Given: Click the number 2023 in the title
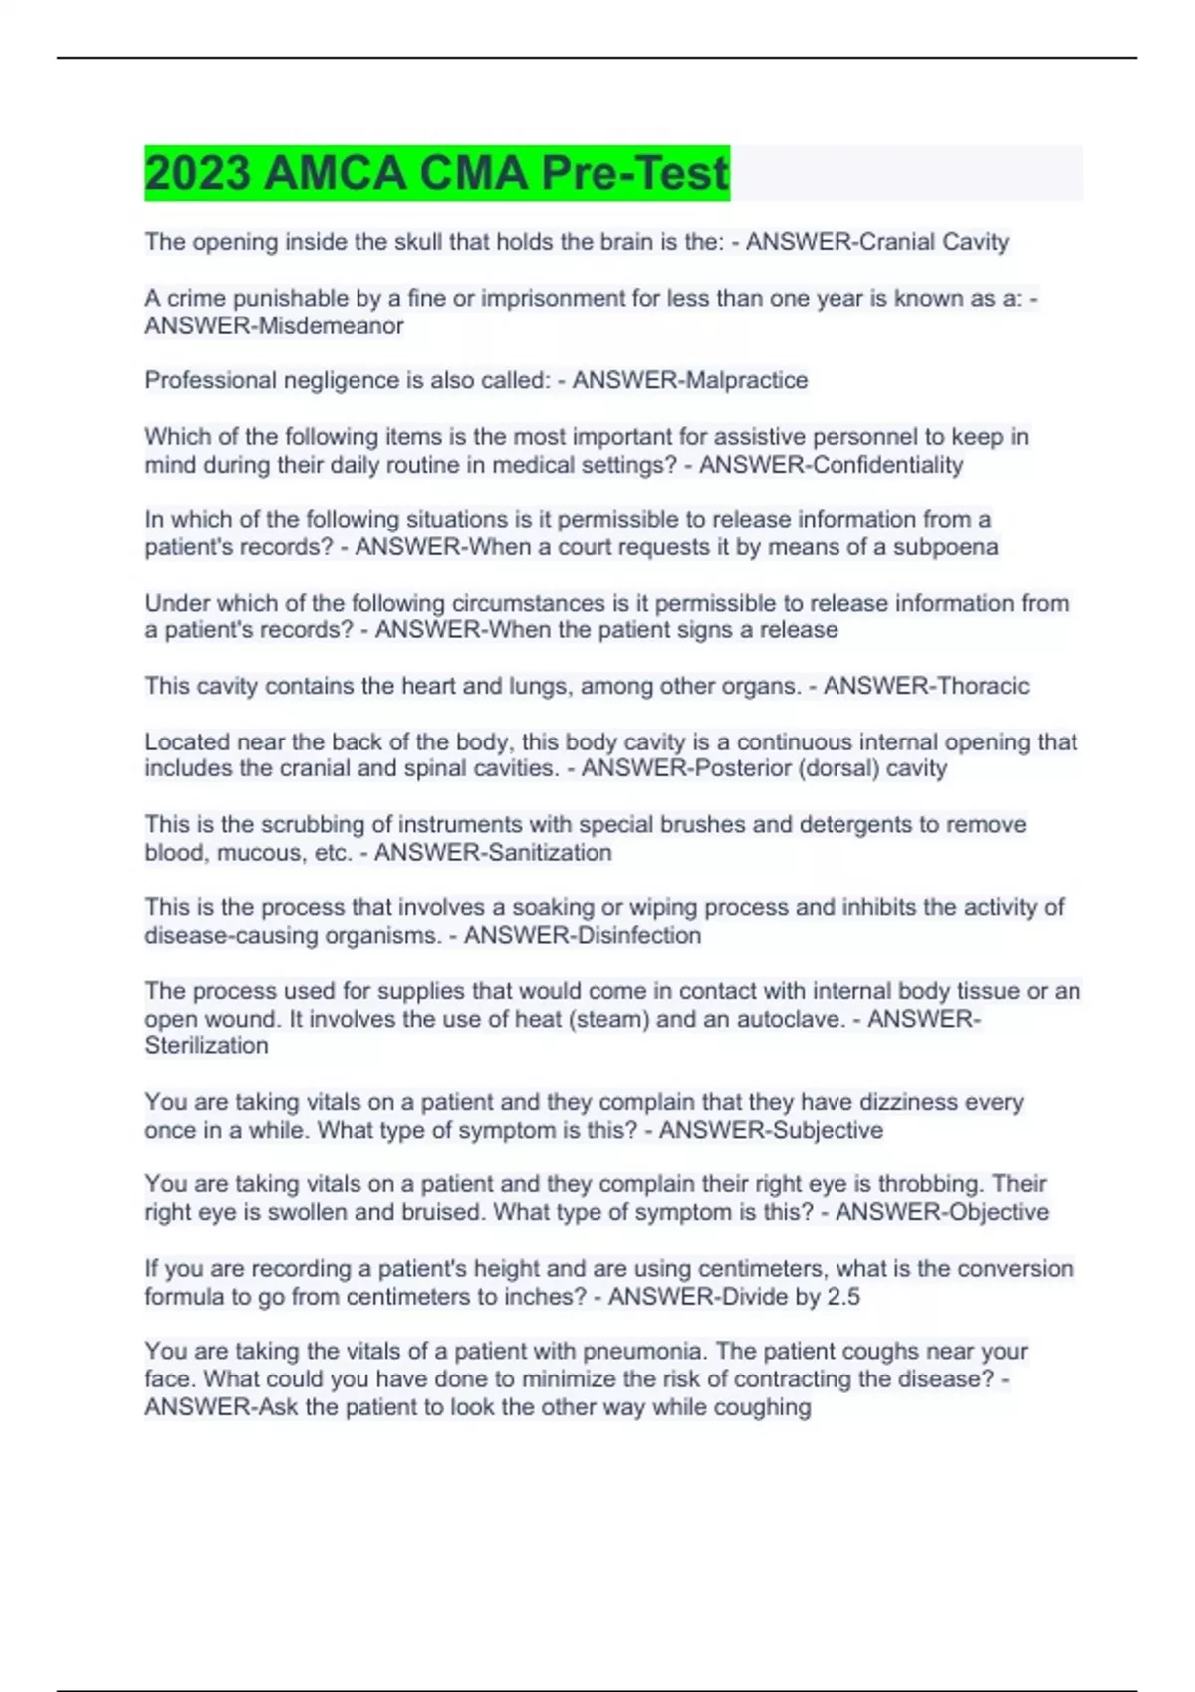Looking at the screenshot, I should click(197, 173).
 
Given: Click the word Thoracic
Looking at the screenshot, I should click(980, 686).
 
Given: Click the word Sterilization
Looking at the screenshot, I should click(206, 1046).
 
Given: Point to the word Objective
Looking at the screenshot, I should click(990, 1212).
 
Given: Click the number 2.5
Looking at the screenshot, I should click(843, 1296).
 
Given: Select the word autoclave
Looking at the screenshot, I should click(789, 1019).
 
